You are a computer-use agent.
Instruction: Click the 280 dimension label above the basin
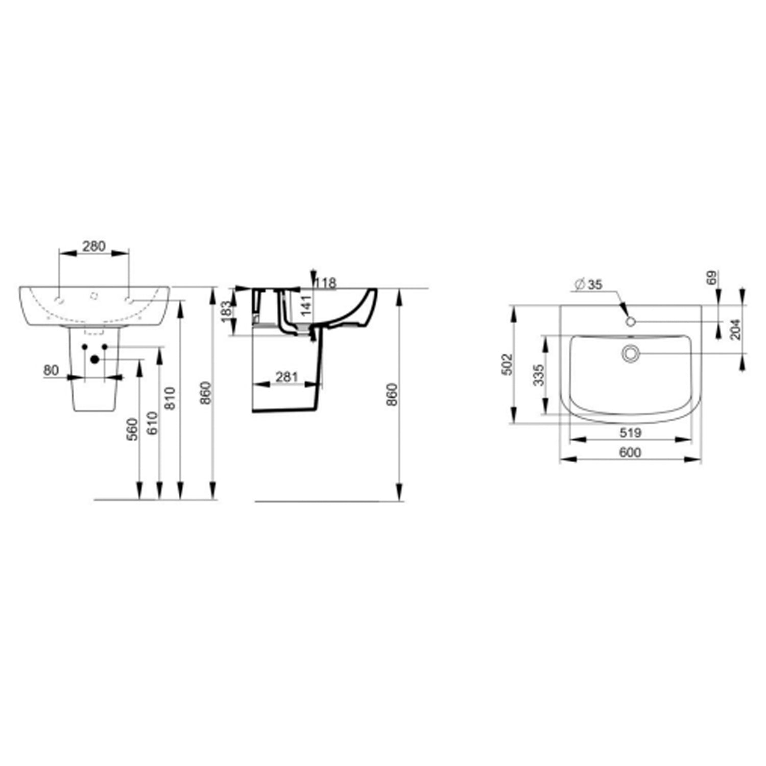94,246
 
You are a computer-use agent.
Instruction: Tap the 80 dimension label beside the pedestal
51,370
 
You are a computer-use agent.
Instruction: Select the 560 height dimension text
132,429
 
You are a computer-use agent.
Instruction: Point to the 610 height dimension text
153,423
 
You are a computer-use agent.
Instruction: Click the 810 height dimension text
171,398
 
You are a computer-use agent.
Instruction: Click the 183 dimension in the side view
228,308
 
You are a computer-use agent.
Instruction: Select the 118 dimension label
326,283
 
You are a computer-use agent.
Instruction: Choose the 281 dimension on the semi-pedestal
286,377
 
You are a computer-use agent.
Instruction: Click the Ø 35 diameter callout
588,284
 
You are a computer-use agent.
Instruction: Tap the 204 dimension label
735,329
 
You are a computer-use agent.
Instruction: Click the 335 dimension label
538,375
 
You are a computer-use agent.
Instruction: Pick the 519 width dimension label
630,433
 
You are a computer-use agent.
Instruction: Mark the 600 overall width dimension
630,452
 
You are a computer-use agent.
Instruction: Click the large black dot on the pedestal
94,359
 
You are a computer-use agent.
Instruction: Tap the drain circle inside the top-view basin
630,353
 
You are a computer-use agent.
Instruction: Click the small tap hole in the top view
630,321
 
